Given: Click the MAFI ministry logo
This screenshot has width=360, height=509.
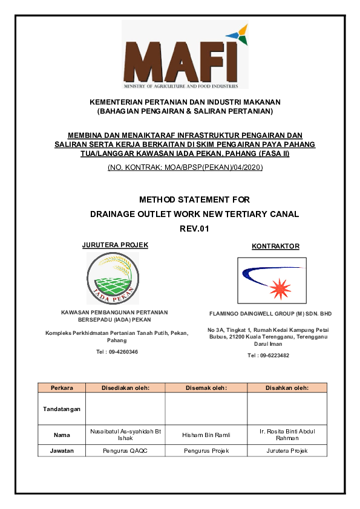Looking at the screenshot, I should point(185,55).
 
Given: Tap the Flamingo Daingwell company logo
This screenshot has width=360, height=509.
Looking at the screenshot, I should point(272,280).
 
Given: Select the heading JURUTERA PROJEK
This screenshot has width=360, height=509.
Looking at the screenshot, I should point(115,245).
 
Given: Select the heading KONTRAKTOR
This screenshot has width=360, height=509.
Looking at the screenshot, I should point(275,246).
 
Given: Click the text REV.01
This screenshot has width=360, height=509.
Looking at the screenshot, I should point(194,228).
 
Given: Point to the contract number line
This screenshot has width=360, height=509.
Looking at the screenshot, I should point(185,167).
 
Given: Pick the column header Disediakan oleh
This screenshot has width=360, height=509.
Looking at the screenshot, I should point(125,387).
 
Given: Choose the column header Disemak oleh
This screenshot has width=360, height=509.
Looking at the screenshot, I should point(206,387).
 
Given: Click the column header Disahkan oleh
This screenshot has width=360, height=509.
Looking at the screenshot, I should point(287,387).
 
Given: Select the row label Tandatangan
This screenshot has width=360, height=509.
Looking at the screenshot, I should point(62,409).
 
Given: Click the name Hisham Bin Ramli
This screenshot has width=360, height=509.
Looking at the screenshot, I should point(206,435).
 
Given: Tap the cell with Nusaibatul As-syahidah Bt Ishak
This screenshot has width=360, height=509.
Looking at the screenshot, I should point(125,435).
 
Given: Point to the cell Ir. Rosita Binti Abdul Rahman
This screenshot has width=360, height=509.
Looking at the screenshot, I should point(287,435).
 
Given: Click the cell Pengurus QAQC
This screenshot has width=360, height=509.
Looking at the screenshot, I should point(125,451).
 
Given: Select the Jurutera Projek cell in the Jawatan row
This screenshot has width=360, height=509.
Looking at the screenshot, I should point(287,451).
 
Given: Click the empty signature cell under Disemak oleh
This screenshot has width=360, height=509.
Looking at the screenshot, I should point(206,409).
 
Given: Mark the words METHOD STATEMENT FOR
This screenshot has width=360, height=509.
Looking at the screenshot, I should point(194,199).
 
